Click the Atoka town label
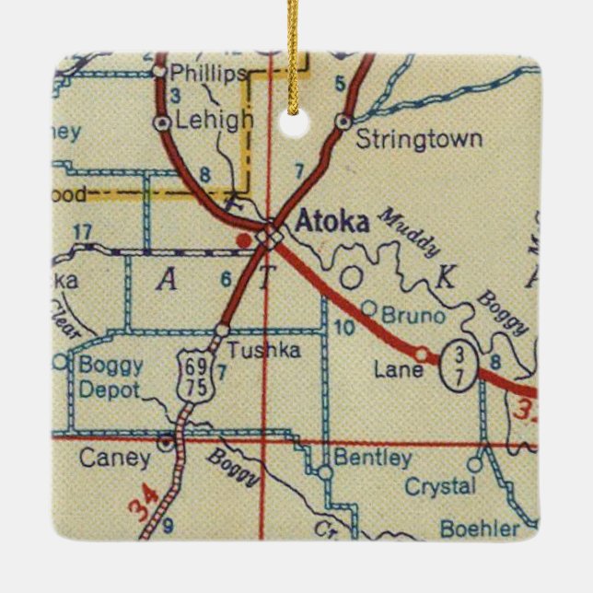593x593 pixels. (x=333, y=222)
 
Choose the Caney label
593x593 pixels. (x=114, y=457)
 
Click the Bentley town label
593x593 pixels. (x=372, y=457)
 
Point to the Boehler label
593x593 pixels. (x=486, y=529)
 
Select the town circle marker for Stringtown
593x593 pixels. (x=343, y=121)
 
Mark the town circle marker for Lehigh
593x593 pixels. (x=162, y=121)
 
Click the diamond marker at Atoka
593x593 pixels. (x=268, y=238)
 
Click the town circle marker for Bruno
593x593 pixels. (x=368, y=308)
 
